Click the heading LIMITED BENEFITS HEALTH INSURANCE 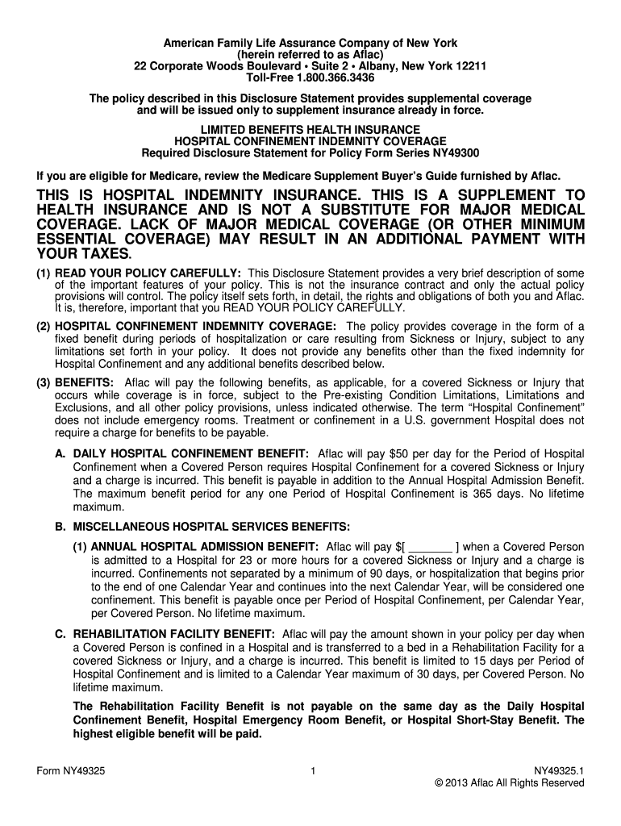[310, 129]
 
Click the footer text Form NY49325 [71, 771]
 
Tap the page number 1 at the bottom [310, 771]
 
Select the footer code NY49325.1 [559, 771]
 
